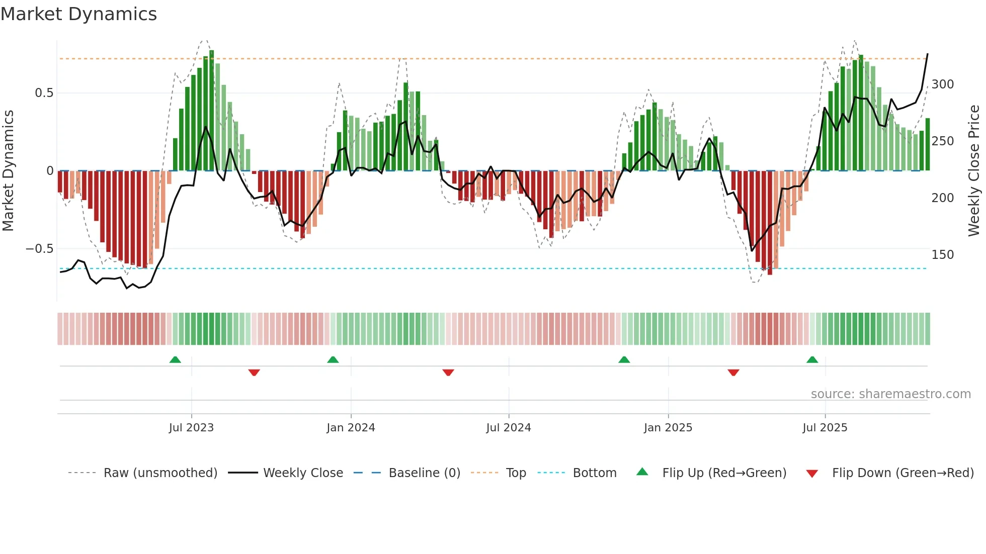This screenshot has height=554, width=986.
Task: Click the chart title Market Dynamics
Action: pyautogui.click(x=79, y=14)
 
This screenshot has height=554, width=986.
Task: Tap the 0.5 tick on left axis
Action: pyautogui.click(x=44, y=93)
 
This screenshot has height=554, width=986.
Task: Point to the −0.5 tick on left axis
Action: pyautogui.click(x=39, y=249)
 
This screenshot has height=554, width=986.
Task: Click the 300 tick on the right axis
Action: pyautogui.click(x=942, y=84)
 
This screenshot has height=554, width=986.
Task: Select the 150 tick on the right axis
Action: pyautogui.click(x=942, y=255)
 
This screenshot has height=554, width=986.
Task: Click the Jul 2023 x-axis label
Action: pyautogui.click(x=191, y=428)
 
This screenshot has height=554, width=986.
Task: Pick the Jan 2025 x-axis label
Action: pyautogui.click(x=668, y=428)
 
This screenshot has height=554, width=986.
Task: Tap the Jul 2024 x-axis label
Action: pyautogui.click(x=508, y=428)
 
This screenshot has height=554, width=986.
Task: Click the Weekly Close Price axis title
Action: pyautogui.click(x=974, y=171)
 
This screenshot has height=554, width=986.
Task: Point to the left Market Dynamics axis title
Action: pyautogui.click(x=8, y=171)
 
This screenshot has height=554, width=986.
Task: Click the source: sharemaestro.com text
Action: pyautogui.click(x=890, y=394)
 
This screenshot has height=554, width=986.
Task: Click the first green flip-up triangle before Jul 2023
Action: pyautogui.click(x=175, y=360)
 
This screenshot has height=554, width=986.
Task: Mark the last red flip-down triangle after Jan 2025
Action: pyautogui.click(x=733, y=372)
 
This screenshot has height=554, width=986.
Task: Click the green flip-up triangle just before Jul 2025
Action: pyautogui.click(x=812, y=360)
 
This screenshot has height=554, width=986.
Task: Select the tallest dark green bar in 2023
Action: pyautogui.click(x=212, y=111)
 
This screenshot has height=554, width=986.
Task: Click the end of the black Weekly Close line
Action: pyautogui.click(x=927, y=54)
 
